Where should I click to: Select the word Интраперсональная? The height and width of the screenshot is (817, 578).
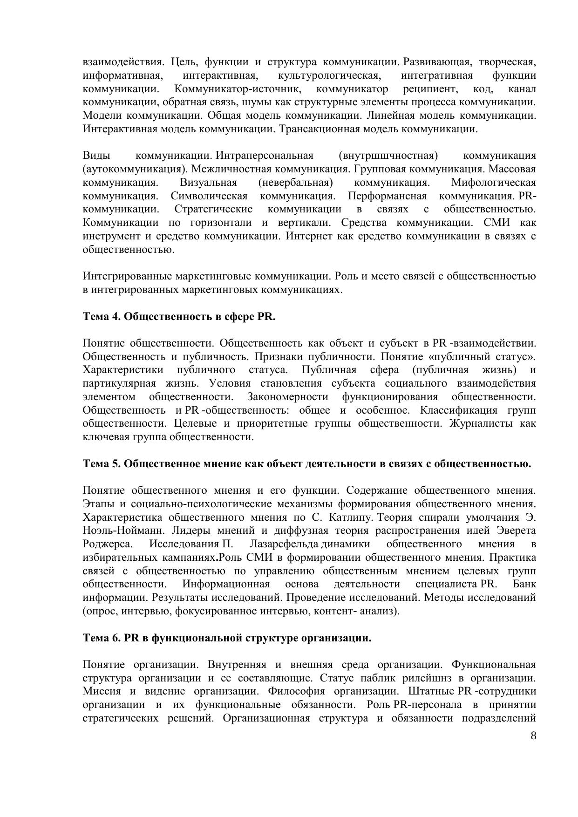[x=265, y=156]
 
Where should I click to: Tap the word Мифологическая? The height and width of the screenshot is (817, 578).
[x=493, y=183]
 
